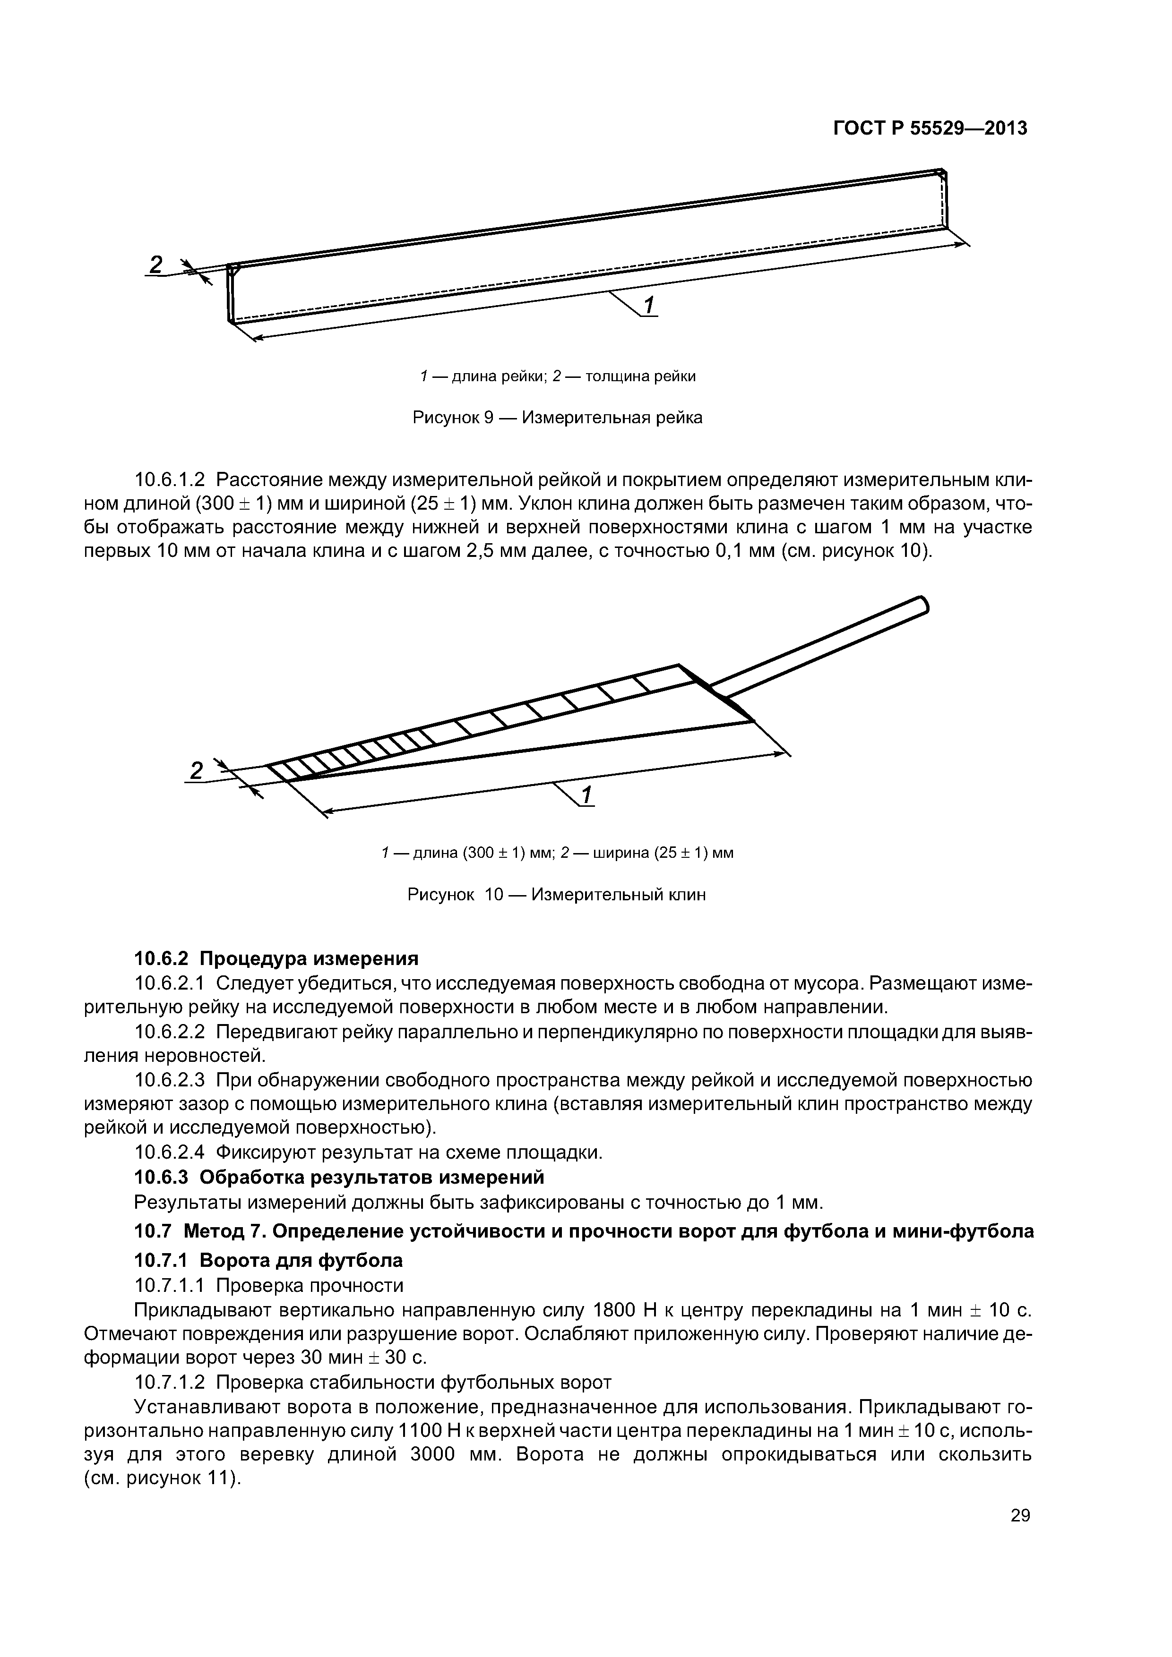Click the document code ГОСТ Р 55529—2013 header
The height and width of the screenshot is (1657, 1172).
pyautogui.click(x=930, y=128)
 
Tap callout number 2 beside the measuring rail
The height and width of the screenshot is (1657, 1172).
pyautogui.click(x=155, y=265)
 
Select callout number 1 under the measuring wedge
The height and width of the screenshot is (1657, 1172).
pyautogui.click(x=586, y=795)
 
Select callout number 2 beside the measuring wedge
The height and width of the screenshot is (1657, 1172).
pyautogui.click(x=196, y=771)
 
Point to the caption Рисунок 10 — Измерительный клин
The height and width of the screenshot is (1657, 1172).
pyautogui.click(x=557, y=895)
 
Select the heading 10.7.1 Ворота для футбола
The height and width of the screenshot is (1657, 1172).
pyautogui.click(x=268, y=1260)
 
